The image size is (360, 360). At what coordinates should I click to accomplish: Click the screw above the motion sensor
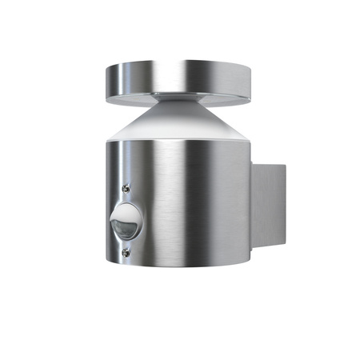click(126, 188)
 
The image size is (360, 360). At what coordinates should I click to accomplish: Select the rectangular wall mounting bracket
click(268, 205)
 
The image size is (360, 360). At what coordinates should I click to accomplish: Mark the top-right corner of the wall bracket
click(285, 165)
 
